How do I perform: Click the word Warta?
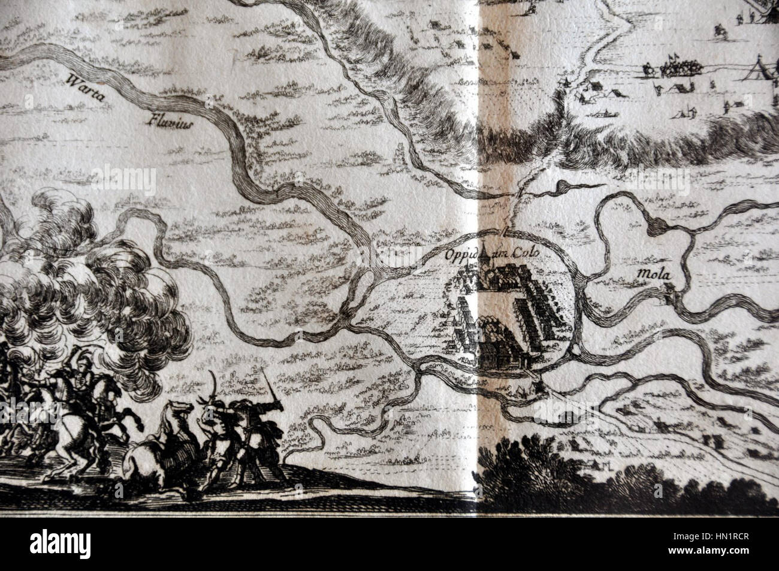pyautogui.click(x=81, y=86)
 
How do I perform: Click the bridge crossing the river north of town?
pyautogui.click(x=509, y=231)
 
